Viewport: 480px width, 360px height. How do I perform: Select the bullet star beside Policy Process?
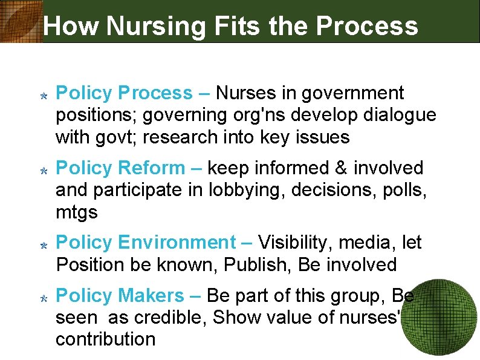(44, 96)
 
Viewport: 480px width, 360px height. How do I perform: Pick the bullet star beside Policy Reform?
(44, 171)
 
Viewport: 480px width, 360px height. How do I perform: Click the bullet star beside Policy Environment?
(44, 246)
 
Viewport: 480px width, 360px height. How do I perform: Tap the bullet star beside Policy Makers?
(44, 298)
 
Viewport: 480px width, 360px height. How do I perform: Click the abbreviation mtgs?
(76, 212)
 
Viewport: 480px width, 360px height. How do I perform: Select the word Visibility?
(296, 243)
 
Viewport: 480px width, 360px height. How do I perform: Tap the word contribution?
(105, 339)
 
